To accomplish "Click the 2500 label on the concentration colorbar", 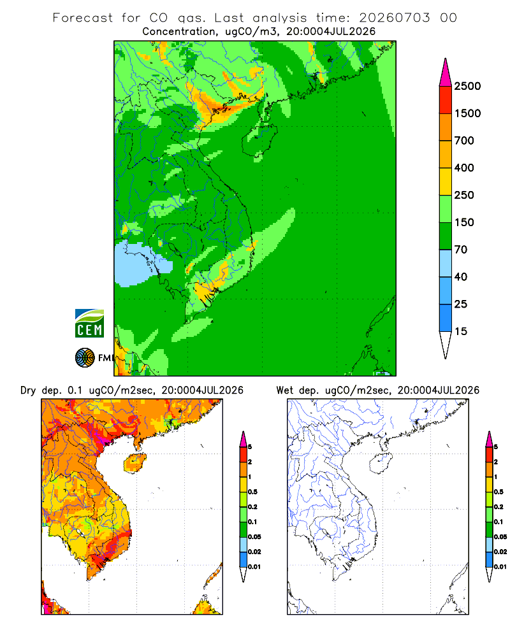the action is click(467, 86).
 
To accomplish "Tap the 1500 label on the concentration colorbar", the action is click(467, 113).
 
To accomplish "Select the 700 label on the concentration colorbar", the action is click(464, 141).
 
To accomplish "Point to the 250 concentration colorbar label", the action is click(464, 195).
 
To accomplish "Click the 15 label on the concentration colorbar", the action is click(461, 331).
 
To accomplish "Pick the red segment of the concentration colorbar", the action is click(446, 100).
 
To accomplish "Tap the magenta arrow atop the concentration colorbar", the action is click(446, 73).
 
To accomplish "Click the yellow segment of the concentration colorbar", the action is click(446, 182).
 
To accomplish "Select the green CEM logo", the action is click(89, 323).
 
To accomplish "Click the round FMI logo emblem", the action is click(85, 358).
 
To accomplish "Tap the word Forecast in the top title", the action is click(83, 18).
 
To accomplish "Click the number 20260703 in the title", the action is click(395, 18).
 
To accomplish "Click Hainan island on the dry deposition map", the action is click(135, 464).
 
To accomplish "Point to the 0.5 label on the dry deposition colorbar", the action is click(252, 492).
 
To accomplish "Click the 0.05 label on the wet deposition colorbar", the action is click(500, 536).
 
